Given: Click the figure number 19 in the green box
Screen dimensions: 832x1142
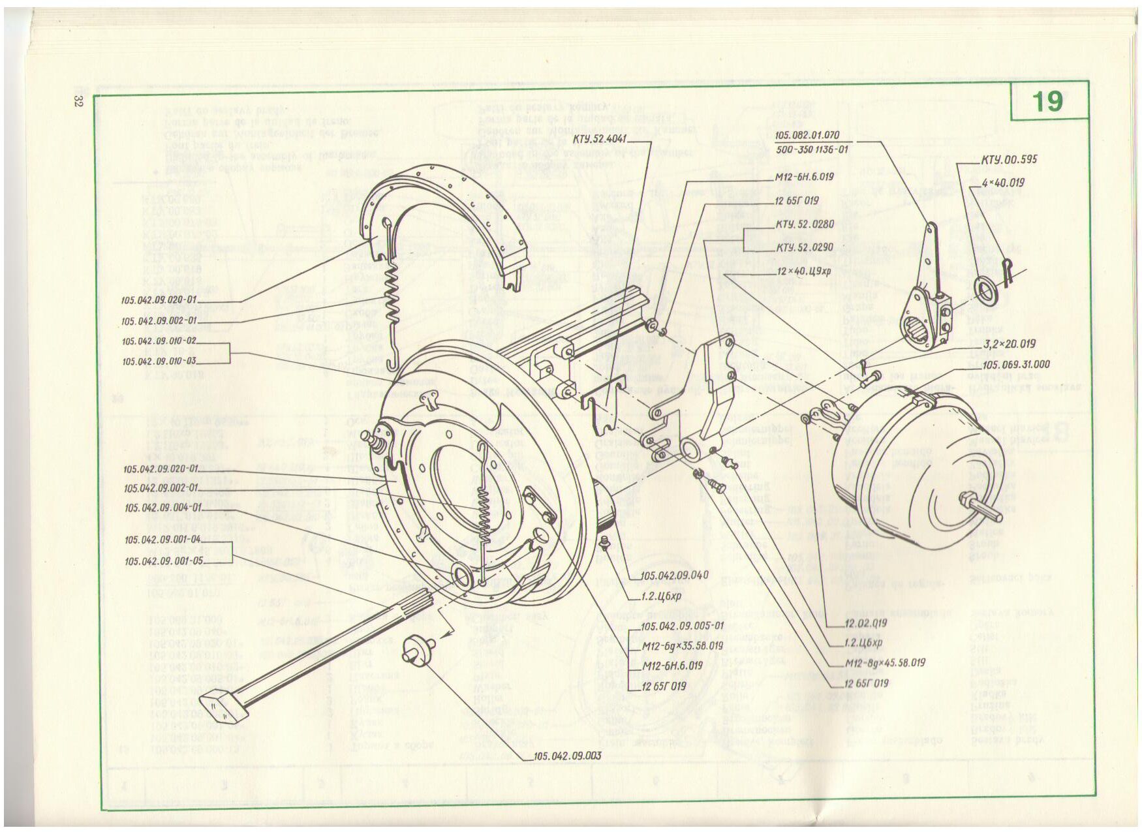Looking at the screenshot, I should [1047, 102].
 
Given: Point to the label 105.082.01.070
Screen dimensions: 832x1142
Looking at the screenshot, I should [807, 135].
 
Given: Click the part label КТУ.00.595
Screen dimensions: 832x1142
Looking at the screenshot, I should [1009, 159].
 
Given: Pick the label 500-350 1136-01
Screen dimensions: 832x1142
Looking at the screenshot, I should [811, 149].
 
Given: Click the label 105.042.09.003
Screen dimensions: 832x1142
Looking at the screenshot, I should [567, 756].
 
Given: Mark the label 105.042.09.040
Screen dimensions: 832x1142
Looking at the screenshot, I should [675, 576].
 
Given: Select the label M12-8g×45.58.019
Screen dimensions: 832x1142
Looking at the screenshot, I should [884, 663].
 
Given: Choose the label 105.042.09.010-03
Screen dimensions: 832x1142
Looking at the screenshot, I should [159, 361].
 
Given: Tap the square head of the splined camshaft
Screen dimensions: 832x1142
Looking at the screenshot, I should [214, 705].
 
